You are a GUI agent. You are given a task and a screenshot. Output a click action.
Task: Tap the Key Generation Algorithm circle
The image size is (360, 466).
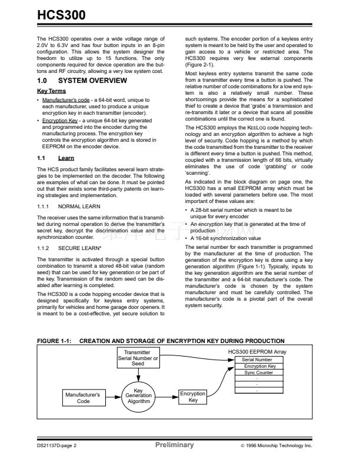point(139,395)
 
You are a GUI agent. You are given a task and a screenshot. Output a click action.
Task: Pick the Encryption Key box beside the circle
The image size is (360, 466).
point(192,397)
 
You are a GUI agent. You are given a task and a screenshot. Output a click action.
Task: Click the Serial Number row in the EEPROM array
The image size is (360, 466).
point(256,359)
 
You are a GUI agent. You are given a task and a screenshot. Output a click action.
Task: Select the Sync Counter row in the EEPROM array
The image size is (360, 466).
point(256,372)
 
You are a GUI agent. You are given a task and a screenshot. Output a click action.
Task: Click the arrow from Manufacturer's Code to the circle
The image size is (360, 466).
point(114,397)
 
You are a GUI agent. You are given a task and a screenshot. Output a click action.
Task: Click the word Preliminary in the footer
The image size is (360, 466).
point(174,445)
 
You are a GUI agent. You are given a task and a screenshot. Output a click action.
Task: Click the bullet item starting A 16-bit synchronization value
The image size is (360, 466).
point(226,238)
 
